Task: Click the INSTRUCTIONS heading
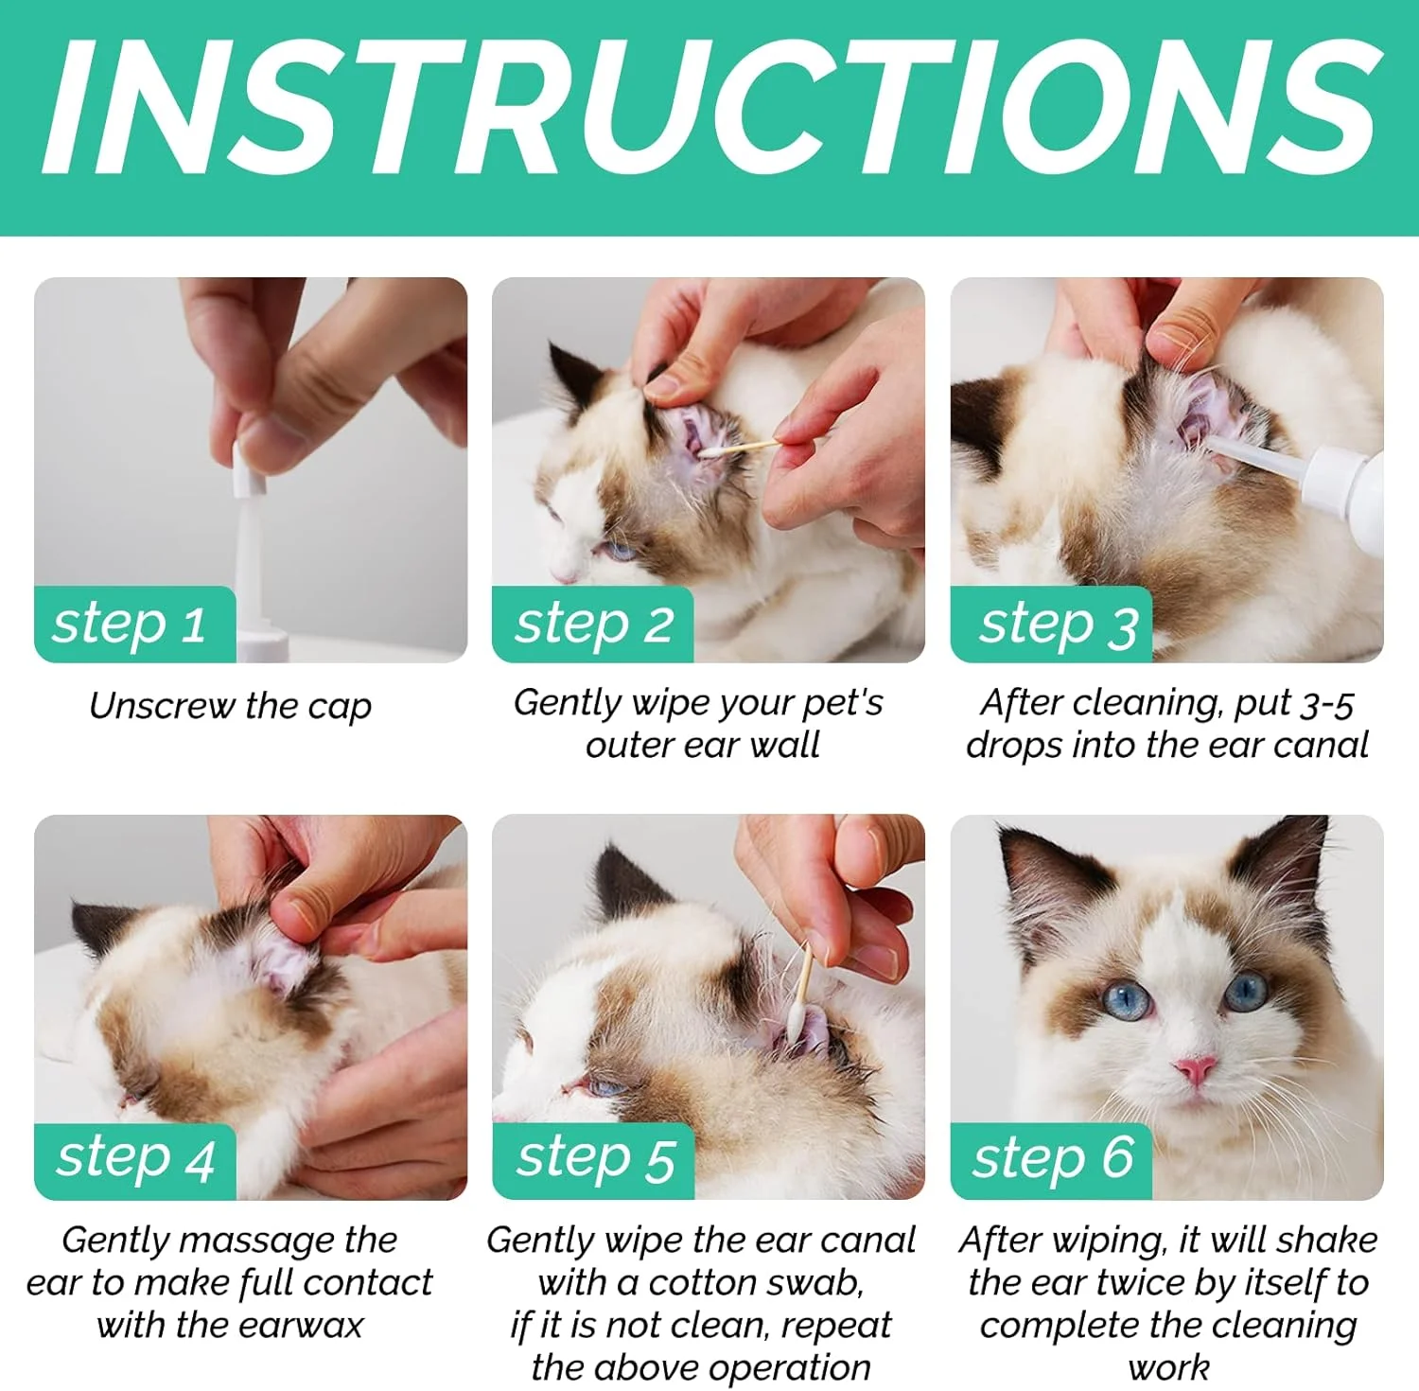(x=709, y=106)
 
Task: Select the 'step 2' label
(x=593, y=625)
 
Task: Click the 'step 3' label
(x=1058, y=625)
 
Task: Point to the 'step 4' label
(x=135, y=1157)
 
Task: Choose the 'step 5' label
(x=595, y=1157)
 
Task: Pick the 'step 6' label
(x=1053, y=1156)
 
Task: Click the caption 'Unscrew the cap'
(x=230, y=706)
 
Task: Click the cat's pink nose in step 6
(x=1195, y=1071)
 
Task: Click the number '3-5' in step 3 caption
(x=1327, y=704)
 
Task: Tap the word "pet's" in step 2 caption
(x=842, y=703)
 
